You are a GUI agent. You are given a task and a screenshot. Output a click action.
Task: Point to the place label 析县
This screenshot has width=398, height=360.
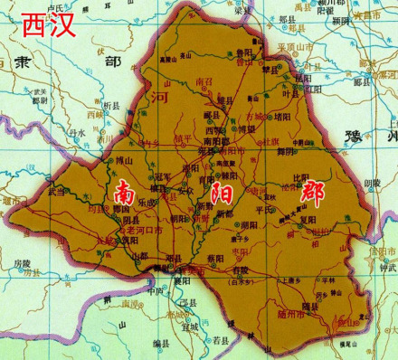111,105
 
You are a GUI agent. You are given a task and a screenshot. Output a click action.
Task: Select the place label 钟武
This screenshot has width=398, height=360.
387,268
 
